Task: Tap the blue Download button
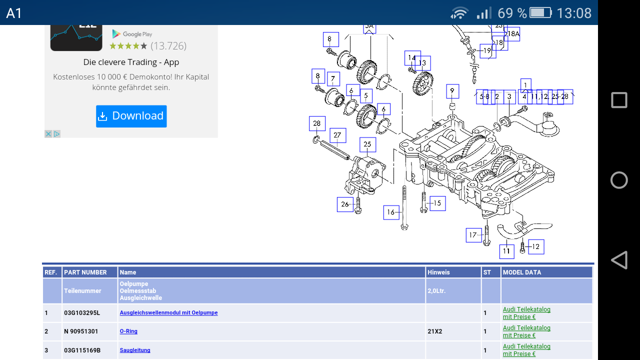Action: (131, 116)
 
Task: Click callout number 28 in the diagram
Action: (317, 123)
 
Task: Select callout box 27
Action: (337, 135)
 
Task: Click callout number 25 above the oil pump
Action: (367, 144)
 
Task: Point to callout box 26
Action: (345, 204)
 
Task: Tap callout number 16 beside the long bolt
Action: (391, 212)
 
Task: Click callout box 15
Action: (437, 203)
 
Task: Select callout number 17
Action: (473, 235)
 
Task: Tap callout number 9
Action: (452, 91)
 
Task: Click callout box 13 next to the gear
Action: (422, 63)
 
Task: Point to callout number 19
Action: (487, 50)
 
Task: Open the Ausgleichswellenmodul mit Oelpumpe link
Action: (168, 312)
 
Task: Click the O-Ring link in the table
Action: (128, 331)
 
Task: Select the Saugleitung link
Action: (135, 350)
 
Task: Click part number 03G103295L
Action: (82, 313)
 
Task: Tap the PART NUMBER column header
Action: (85, 272)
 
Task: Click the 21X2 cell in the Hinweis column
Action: (435, 331)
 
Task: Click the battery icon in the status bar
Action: (540, 12)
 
